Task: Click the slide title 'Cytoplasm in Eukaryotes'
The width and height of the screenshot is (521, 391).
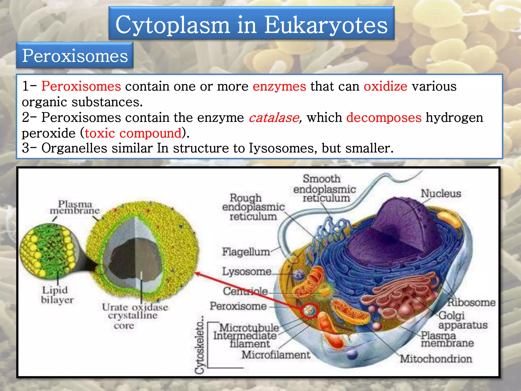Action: (251, 24)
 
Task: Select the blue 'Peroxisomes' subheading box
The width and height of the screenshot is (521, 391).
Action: (75, 55)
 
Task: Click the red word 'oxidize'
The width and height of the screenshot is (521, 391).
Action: (385, 86)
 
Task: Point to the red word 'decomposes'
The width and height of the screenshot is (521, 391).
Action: (384, 118)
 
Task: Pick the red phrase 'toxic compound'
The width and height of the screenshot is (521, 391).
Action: (133, 133)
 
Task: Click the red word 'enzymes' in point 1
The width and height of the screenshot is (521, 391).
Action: (279, 86)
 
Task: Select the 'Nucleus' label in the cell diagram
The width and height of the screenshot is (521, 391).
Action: (441, 193)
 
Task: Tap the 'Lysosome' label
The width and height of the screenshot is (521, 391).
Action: (247, 271)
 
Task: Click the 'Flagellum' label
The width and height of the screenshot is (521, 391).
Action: (246, 252)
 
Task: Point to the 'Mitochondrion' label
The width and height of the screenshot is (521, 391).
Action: (436, 359)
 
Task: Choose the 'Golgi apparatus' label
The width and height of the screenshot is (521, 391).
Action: (462, 320)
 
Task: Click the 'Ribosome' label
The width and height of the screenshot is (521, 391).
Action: (471, 302)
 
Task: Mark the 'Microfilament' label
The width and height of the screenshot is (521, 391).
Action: (276, 355)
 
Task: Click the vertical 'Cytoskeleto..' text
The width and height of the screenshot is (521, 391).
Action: (200, 345)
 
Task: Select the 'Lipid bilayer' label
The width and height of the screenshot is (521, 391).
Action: (57, 295)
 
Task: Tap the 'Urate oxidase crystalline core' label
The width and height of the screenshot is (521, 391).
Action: (135, 316)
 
